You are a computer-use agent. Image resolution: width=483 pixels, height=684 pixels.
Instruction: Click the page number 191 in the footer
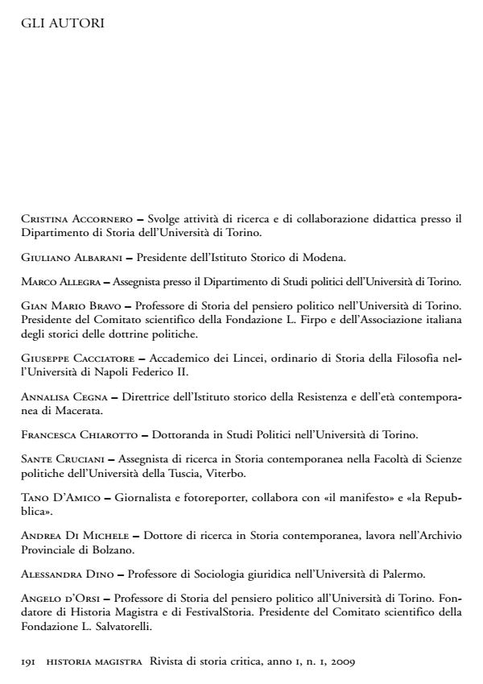click(x=28, y=661)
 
